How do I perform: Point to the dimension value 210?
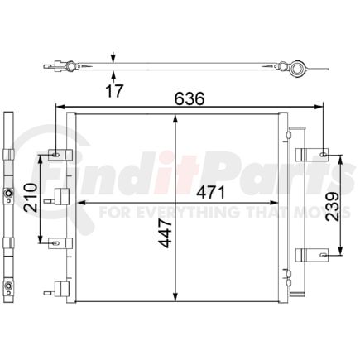click(30, 199)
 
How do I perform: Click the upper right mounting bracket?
click(315, 154)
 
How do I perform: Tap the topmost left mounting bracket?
click(55, 154)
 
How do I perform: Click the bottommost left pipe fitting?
click(59, 289)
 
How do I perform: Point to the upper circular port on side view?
click(7, 196)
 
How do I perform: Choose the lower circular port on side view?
click(7, 289)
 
